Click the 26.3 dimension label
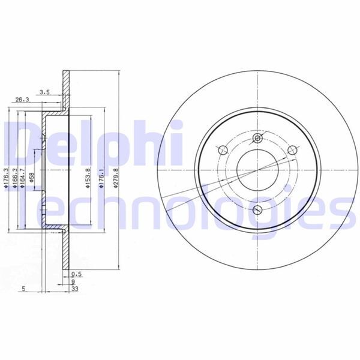pos(22,100)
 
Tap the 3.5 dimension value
pos(44,92)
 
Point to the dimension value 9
pos(73,281)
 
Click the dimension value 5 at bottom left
pos(23,288)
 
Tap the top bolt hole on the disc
pos(259,139)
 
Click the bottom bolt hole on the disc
pos(259,209)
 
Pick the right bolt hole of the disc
pos(294,150)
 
